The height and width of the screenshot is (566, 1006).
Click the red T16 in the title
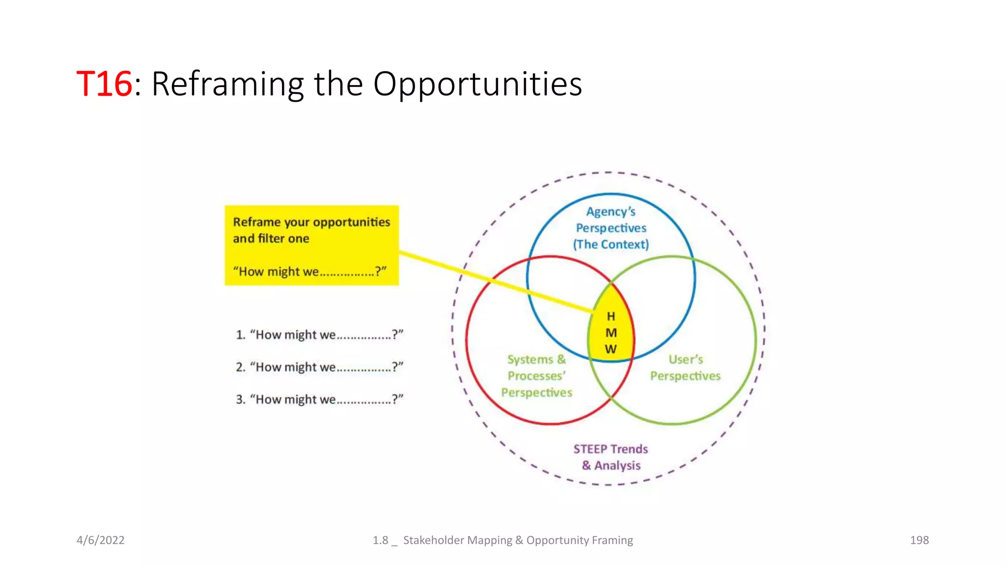(104, 84)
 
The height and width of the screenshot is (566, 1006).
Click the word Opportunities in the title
(477, 84)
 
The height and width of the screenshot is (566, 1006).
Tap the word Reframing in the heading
(227, 84)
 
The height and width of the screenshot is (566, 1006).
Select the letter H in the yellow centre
(611, 316)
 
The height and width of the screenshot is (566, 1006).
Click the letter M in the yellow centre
(611, 333)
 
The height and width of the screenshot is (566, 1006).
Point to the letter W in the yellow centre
(611, 349)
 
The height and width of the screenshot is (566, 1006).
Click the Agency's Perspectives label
(611, 220)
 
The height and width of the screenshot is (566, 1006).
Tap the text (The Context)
(611, 244)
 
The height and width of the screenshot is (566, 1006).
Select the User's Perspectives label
(685, 368)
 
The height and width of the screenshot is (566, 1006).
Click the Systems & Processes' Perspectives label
(536, 376)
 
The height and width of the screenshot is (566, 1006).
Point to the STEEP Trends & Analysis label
(611, 457)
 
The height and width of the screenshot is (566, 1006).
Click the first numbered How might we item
(319, 335)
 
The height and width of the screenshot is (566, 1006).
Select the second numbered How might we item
(319, 368)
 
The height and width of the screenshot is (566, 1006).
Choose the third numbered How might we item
(319, 399)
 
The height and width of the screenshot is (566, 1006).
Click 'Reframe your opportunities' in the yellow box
(311, 222)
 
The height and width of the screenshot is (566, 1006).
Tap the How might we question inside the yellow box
(309, 272)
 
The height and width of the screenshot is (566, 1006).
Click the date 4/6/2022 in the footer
(101, 540)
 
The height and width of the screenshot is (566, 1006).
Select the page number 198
(919, 540)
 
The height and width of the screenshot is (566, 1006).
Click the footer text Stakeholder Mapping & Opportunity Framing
(518, 540)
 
